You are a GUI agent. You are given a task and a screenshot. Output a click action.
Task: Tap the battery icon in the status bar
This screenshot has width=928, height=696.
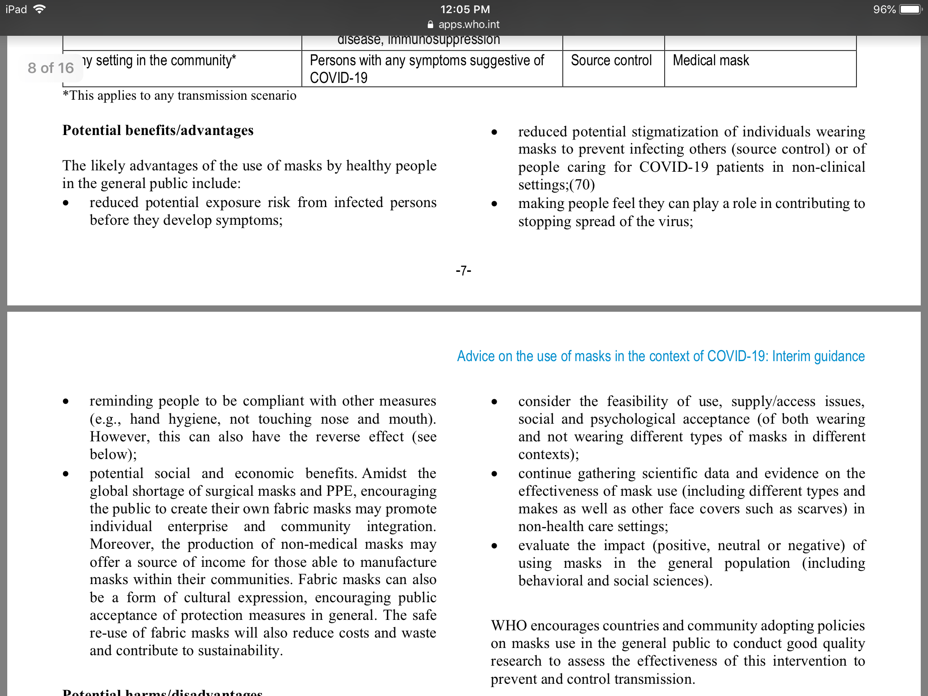pos(910,10)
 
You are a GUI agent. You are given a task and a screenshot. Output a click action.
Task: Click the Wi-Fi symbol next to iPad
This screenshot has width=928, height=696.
pos(40,9)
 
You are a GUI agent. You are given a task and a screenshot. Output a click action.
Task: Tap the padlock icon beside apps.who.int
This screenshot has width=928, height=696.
pos(430,24)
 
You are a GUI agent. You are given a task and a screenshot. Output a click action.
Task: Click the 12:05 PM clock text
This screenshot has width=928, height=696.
pos(465,10)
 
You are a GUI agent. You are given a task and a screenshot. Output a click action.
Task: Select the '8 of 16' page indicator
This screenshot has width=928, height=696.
pos(51,68)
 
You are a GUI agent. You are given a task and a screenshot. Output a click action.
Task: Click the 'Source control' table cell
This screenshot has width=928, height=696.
pos(611,60)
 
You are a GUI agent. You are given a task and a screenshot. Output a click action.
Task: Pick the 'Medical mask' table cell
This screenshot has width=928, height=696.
pos(710,60)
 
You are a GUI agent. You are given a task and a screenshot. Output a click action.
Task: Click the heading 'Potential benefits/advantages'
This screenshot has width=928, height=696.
pos(158,130)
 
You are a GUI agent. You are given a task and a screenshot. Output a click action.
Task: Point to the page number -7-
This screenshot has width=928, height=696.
pos(464,271)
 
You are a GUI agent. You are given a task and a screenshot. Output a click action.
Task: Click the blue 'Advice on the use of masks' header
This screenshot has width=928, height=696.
pos(661,356)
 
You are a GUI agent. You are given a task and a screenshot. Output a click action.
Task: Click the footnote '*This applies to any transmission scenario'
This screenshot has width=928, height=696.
pos(179,96)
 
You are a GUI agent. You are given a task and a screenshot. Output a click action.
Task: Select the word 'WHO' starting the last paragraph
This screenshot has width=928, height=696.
pos(508,626)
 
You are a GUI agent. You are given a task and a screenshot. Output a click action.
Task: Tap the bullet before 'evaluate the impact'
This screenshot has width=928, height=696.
pos(494,546)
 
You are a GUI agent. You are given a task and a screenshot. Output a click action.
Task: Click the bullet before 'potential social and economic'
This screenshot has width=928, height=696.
pos(66,474)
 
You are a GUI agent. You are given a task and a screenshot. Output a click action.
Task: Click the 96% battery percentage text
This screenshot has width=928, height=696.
pos(884,10)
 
